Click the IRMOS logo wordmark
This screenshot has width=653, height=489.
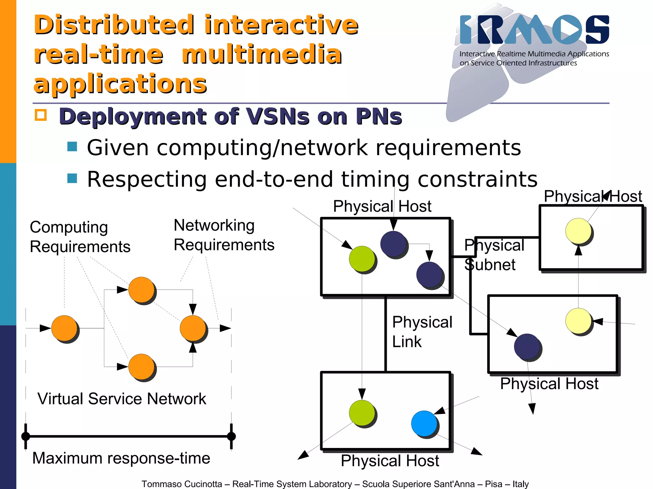[x=534, y=29]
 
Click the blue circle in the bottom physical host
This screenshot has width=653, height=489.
[x=424, y=423]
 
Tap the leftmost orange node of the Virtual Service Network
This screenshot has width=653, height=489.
[x=64, y=328]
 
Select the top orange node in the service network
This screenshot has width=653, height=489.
[x=141, y=290]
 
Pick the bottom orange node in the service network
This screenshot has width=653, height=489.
[x=141, y=367]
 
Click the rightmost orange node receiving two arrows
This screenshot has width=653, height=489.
[x=193, y=328]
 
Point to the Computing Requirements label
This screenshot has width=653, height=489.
[x=80, y=237]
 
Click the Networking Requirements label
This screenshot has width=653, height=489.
[x=224, y=235]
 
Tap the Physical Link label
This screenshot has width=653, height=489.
[x=422, y=332]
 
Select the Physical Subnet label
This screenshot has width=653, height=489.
[x=494, y=255]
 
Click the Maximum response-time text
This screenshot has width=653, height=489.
[x=121, y=458]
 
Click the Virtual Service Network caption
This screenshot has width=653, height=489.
[x=121, y=399]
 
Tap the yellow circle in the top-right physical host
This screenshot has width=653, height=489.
[x=578, y=231]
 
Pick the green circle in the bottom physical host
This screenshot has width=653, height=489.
[x=362, y=413]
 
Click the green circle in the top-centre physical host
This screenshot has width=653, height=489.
[x=362, y=259]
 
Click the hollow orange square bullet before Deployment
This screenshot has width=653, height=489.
[x=41, y=115]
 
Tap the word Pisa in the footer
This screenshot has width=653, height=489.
[x=494, y=484]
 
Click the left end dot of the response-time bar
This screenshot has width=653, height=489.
[x=26, y=436]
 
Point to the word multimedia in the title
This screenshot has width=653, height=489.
[x=261, y=54]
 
